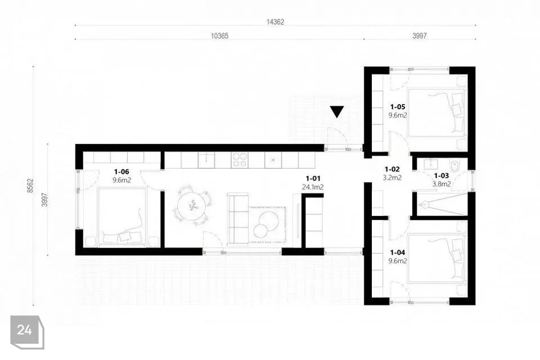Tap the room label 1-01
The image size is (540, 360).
tap(313, 178)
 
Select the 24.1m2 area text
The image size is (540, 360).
tap(312, 187)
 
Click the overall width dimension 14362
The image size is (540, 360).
tap(275, 22)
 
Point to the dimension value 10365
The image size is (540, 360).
tap(219, 36)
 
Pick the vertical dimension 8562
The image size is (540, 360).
tap(30, 185)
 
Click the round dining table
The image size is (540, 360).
tap(191, 205)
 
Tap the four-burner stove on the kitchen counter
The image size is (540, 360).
tap(240, 160)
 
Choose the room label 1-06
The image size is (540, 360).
tap(121, 172)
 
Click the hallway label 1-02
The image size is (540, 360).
tap(392, 169)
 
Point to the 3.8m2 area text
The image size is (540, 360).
tap(442, 184)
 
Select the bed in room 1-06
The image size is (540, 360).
tap(122, 217)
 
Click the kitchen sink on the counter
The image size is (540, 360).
tap(206, 160)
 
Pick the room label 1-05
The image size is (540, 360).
tap(398, 107)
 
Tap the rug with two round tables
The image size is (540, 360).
tap(268, 224)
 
